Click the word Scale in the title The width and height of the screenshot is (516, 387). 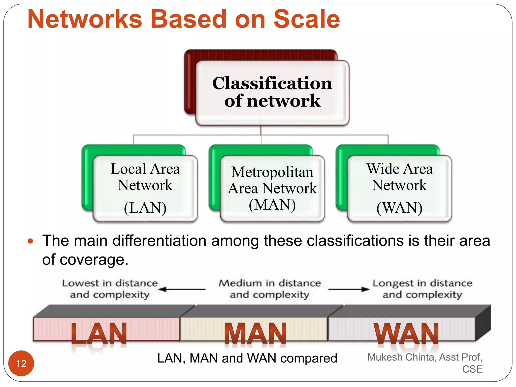click(307, 19)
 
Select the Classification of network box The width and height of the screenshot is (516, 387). click(272, 92)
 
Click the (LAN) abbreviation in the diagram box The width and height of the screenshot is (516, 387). click(145, 208)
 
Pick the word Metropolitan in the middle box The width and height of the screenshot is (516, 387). click(272, 172)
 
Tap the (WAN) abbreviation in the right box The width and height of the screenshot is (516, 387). click(399, 208)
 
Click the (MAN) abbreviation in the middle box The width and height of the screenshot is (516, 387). click(272, 205)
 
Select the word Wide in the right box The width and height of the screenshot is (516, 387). click(380, 169)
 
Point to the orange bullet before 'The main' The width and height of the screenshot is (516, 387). click(30, 241)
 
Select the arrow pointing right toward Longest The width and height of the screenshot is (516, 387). click(349, 289)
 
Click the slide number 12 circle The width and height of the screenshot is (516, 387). click(21, 363)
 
